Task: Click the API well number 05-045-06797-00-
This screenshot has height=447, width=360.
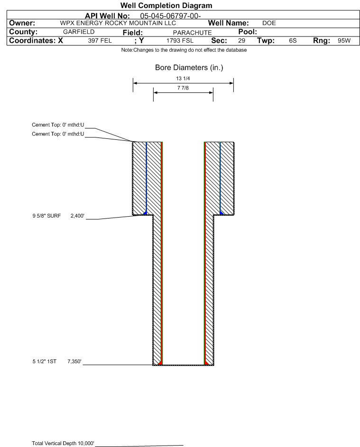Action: pos(170,16)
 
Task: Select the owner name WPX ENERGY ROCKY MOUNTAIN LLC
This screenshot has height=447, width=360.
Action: pos(118,23)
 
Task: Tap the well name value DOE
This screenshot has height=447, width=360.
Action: pos(269,23)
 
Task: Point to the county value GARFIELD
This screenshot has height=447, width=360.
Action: pos(79,32)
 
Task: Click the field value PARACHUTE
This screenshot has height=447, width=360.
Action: pos(192,33)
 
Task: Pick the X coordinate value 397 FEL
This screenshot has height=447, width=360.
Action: pos(100,40)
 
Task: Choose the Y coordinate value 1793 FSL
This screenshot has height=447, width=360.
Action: pos(180,40)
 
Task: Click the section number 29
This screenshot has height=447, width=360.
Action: pos(241,40)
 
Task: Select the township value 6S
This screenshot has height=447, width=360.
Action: pos(293,40)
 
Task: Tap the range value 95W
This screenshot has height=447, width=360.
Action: pos(344,40)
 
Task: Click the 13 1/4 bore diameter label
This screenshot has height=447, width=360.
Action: pos(183,78)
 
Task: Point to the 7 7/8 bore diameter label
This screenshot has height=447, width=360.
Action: pos(183,88)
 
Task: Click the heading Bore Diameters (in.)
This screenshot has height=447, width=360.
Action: pos(189,68)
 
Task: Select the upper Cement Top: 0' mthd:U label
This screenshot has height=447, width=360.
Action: pos(58,125)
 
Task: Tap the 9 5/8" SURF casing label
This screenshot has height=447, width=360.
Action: pos(46,216)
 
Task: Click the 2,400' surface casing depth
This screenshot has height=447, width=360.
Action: pos(77,216)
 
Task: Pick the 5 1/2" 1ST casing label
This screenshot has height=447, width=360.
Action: pos(45,362)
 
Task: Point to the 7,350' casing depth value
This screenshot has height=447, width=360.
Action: pos(74,362)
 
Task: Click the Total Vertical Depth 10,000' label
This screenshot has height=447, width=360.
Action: pos(63,443)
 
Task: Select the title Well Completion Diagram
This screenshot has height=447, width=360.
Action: pos(166,5)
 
